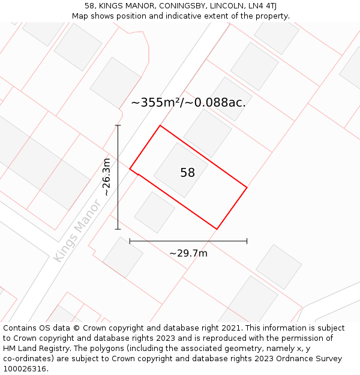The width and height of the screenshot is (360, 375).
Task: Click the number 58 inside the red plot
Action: click(x=187, y=173)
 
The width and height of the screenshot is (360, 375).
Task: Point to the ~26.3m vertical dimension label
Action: click(x=107, y=177)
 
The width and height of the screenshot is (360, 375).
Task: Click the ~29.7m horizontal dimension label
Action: click(x=188, y=253)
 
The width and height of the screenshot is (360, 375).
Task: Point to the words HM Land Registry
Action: click(x=34, y=348)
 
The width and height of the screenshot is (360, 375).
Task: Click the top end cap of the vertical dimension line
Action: click(x=118, y=125)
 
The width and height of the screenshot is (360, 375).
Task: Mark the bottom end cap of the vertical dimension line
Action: click(x=118, y=229)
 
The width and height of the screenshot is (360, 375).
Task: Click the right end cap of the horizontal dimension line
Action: click(x=247, y=241)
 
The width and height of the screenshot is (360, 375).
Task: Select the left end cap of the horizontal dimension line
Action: click(x=130, y=241)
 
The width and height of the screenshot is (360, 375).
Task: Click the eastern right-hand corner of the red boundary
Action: click(x=247, y=188)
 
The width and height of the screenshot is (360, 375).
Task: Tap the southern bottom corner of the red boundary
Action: click(x=217, y=229)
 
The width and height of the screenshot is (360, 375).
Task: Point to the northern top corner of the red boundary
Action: click(x=160, y=125)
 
